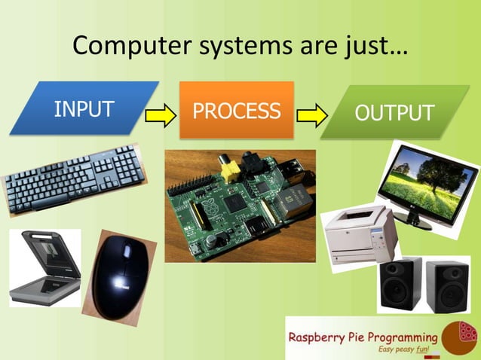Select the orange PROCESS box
pos(236,111)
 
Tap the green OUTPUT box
pos(394,113)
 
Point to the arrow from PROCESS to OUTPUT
pos(311,115)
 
